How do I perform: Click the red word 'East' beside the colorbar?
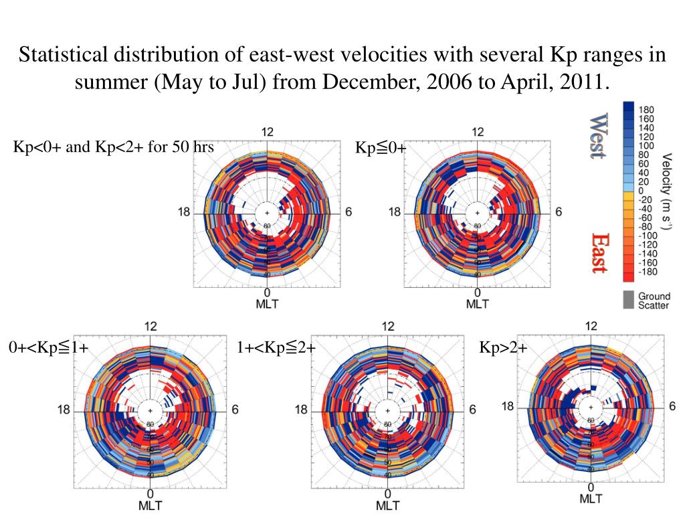coord(599,253)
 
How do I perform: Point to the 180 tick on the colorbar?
coord(648,110)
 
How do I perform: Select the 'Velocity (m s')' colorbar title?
coord(667,191)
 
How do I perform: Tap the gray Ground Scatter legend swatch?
coord(628,299)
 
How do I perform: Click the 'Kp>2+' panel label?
coord(503,348)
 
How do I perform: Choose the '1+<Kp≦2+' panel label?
coord(276,348)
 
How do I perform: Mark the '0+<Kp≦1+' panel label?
coord(49,348)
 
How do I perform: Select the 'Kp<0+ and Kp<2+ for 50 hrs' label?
coord(114,147)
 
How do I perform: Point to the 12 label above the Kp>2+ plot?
coord(591,326)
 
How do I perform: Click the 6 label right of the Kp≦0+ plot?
coord(559,212)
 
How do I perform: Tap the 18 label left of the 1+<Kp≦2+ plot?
coord(302,410)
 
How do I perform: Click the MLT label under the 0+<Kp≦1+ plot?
coord(150,505)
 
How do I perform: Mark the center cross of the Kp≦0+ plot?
coord(477,213)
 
